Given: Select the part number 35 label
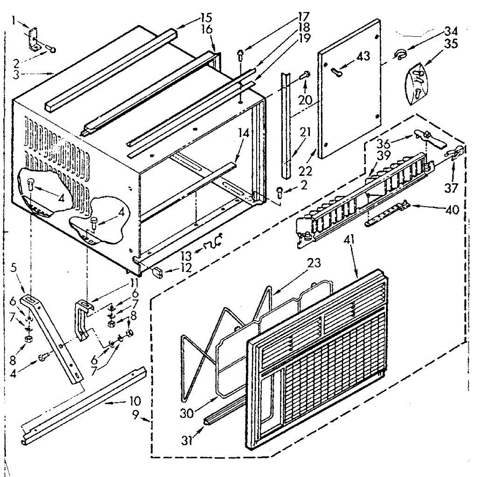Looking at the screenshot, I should [451, 43].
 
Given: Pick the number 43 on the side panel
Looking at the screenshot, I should [363, 56].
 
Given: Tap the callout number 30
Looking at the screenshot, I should [186, 413].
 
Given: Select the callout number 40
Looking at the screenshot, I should [451, 209].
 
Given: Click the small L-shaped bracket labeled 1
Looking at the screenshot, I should [34, 40].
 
